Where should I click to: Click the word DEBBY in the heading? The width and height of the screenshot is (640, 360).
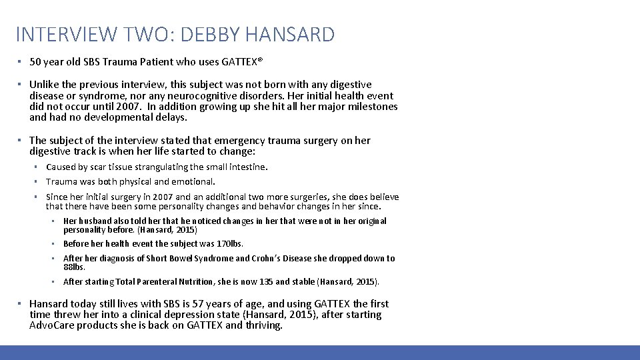click(x=223, y=34)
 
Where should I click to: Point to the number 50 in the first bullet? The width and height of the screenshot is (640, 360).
click(x=35, y=62)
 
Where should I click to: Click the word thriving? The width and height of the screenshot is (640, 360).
click(x=263, y=325)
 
